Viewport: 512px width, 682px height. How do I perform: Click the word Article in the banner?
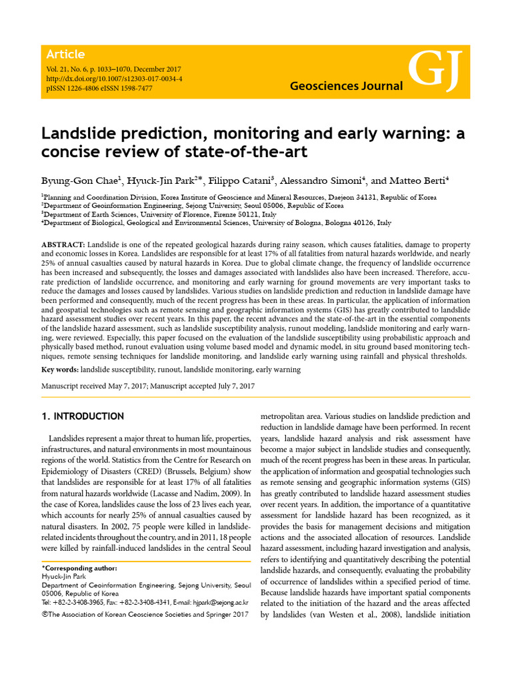tap(65, 55)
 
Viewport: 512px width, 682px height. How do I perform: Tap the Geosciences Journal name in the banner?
tap(347, 86)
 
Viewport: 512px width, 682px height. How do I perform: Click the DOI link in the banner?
tap(115, 79)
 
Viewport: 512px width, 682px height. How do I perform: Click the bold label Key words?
tap(59, 368)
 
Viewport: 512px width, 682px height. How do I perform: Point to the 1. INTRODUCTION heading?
tap(83, 417)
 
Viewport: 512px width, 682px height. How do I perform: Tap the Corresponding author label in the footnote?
tap(80, 568)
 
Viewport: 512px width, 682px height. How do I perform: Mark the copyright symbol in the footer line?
tap(45, 614)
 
